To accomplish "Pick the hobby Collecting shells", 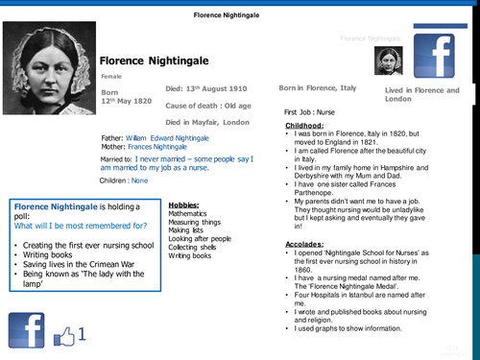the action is pyautogui.click(x=193, y=248).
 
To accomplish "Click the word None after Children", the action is pyautogui.click(x=140, y=180).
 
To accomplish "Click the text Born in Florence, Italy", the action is pyautogui.click(x=317, y=87).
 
